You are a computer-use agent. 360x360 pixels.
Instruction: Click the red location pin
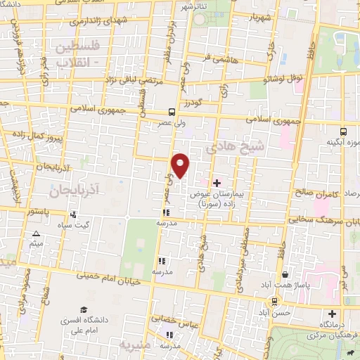coord(181,165)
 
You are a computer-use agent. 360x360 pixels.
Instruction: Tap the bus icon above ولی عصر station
coord(172,112)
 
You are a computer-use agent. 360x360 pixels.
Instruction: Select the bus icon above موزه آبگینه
coord(343,131)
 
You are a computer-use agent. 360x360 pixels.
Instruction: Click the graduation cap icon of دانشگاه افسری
coord(84,310)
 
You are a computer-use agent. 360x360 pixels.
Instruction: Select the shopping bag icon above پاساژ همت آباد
coord(285,275)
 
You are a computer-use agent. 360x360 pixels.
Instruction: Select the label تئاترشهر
coord(195,6)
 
